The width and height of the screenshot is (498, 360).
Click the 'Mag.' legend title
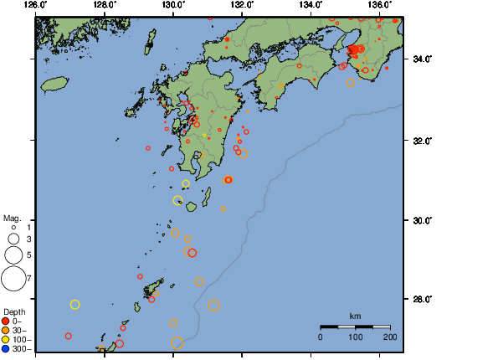click(12, 216)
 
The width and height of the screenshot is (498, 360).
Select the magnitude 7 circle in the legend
click(13, 276)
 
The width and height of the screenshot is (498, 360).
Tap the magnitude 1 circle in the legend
click(14, 227)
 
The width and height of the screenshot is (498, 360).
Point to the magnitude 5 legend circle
click(13, 255)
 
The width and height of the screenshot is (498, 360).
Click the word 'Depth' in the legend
click(14, 311)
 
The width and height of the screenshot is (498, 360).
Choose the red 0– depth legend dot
click(6, 321)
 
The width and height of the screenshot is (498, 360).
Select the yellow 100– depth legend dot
click(6, 339)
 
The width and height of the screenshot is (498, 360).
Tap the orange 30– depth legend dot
click(6, 330)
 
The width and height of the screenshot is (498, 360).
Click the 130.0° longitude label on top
click(173, 5)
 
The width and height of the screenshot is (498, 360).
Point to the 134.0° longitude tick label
click(311, 5)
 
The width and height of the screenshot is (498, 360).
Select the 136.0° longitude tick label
click(379, 5)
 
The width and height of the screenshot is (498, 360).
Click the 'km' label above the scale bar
click(355, 316)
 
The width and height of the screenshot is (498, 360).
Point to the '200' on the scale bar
click(390, 337)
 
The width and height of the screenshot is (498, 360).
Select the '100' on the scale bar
click(355, 337)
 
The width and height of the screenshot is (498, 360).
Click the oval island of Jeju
click(54, 84)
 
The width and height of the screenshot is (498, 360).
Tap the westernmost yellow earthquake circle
click(74, 305)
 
